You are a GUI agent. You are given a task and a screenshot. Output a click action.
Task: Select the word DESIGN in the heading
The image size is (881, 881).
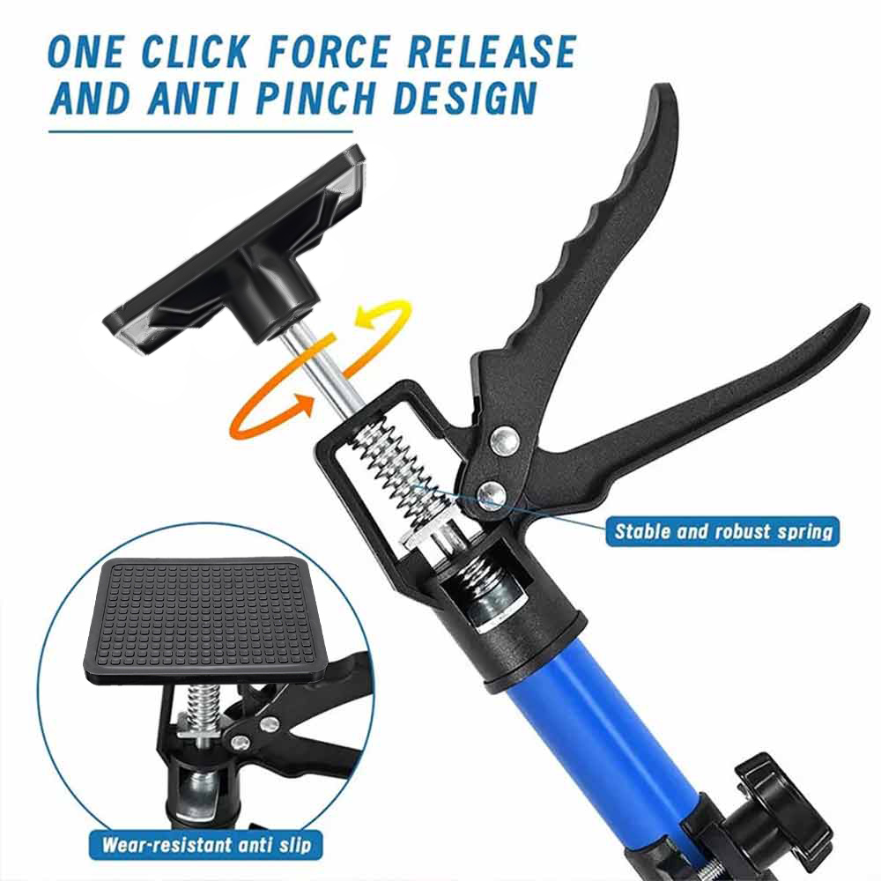[x=464, y=98]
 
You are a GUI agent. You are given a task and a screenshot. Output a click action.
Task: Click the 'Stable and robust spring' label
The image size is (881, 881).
[x=722, y=531]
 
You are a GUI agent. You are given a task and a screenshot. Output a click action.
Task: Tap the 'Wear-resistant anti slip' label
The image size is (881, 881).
[x=207, y=845]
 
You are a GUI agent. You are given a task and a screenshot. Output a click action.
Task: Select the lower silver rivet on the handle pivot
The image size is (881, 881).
[x=492, y=494]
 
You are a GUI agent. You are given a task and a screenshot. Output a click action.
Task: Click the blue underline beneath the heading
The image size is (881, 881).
[x=201, y=132]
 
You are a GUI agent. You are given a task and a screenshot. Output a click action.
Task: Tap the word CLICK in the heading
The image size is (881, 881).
[x=194, y=52]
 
